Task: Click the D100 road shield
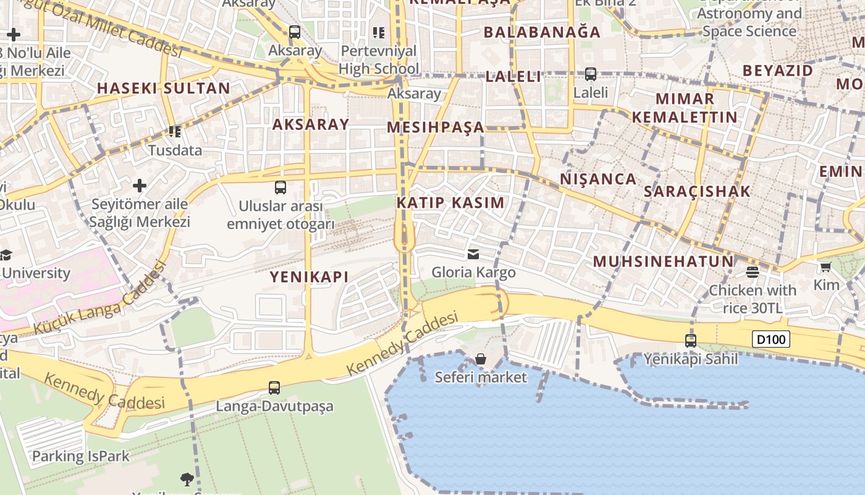[x=771, y=339]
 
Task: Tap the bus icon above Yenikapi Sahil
[x=691, y=340]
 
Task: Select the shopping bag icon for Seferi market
[x=481, y=359]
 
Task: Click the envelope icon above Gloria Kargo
[x=473, y=254]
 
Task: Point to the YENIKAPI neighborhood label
[x=309, y=277]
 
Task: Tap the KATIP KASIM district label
[x=450, y=202]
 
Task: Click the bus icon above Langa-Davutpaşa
[x=274, y=388]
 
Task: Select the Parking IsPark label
[x=80, y=457]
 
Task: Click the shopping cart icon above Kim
[x=825, y=267]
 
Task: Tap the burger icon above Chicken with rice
[x=752, y=272]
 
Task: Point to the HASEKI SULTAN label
[x=164, y=88]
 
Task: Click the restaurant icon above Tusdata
[x=175, y=132]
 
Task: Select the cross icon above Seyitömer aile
[x=140, y=185]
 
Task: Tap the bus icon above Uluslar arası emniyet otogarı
[x=281, y=187]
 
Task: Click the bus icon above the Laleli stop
[x=591, y=74]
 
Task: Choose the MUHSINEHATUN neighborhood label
[x=663, y=261]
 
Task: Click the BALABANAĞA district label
[x=542, y=32]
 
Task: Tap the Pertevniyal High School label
[x=378, y=59]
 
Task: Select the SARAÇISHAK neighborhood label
[x=697, y=191]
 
